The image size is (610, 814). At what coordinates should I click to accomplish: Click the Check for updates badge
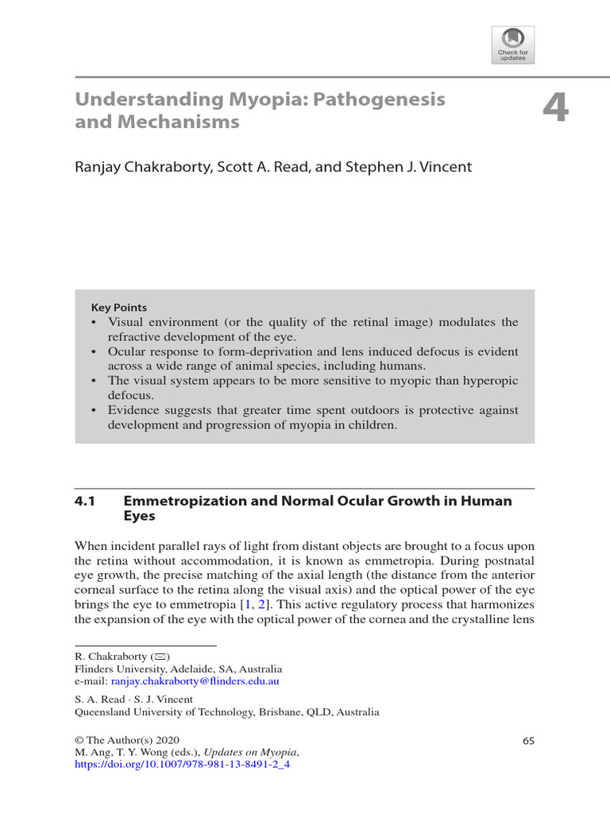(x=512, y=45)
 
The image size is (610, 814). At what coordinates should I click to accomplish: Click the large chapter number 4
(x=556, y=107)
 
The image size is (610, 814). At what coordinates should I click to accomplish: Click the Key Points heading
(x=119, y=308)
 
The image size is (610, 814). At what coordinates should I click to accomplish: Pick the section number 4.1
(x=85, y=501)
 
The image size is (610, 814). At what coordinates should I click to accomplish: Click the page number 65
(x=528, y=741)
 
